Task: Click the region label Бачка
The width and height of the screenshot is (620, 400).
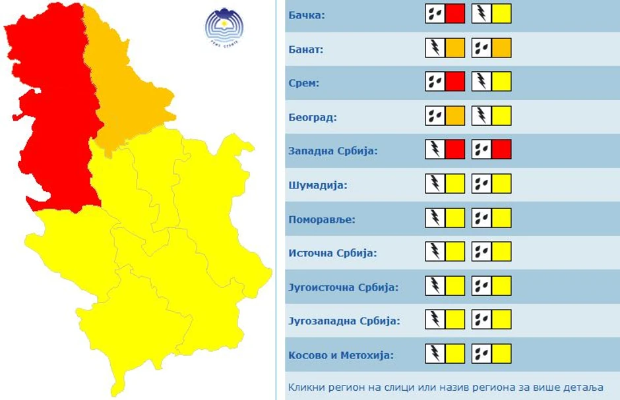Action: (x=307, y=14)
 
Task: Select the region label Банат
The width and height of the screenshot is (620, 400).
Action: (x=306, y=49)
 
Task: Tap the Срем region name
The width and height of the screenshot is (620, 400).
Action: (x=303, y=84)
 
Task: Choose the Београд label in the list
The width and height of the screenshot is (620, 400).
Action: (x=313, y=118)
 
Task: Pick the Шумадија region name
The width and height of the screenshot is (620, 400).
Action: (x=317, y=185)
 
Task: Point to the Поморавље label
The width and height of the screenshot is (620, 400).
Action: (x=321, y=219)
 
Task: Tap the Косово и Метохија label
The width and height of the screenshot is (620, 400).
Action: (x=341, y=355)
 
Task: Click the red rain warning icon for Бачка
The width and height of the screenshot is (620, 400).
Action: (x=445, y=14)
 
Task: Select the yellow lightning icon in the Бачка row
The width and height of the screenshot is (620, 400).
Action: (x=491, y=14)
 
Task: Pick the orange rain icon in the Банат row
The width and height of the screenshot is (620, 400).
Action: (x=491, y=48)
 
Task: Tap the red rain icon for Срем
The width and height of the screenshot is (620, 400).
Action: (x=445, y=82)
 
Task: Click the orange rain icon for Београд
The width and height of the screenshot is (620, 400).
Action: (x=445, y=116)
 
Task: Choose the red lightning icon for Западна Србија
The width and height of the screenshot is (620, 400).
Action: (x=445, y=150)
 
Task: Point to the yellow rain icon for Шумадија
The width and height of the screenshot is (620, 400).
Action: (x=491, y=184)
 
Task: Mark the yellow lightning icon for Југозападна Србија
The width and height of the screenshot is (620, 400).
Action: (x=445, y=320)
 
